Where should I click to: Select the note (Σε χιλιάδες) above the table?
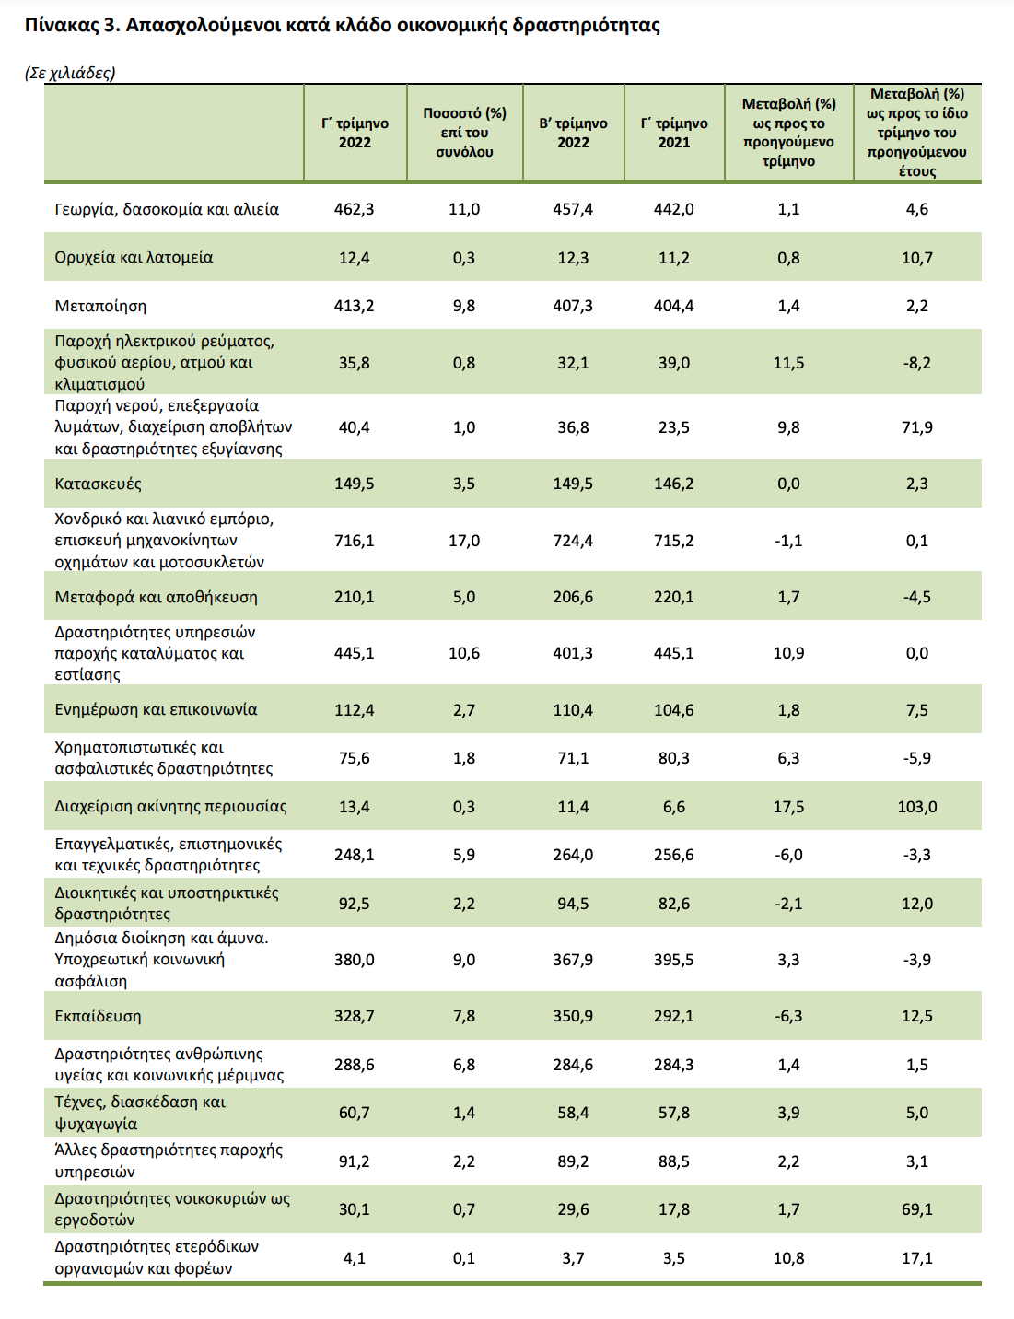coord(70,73)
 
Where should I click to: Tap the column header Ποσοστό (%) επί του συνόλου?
coord(464,132)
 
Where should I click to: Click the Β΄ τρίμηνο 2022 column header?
coord(573,132)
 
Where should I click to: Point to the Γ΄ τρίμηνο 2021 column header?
coord(674,132)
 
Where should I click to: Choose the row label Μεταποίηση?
coord(100,306)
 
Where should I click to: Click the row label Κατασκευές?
coord(98,484)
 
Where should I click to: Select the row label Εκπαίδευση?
coord(98,1016)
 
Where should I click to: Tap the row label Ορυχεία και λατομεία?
coord(134,257)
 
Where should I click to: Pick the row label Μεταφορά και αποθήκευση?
coord(156,597)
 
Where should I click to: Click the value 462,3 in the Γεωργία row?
coord(354,209)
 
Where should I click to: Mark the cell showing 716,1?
coord(354,541)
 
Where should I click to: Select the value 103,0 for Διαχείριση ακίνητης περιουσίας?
coord(916,807)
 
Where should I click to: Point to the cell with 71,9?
coord(916,427)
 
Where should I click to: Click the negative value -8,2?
coord(916,363)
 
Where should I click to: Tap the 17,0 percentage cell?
coord(464,541)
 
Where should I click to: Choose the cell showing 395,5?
coord(674,960)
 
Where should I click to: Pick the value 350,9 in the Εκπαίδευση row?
coord(573,1016)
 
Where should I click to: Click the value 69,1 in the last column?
coord(916,1209)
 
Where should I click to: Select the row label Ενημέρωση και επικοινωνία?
coord(156,709)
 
